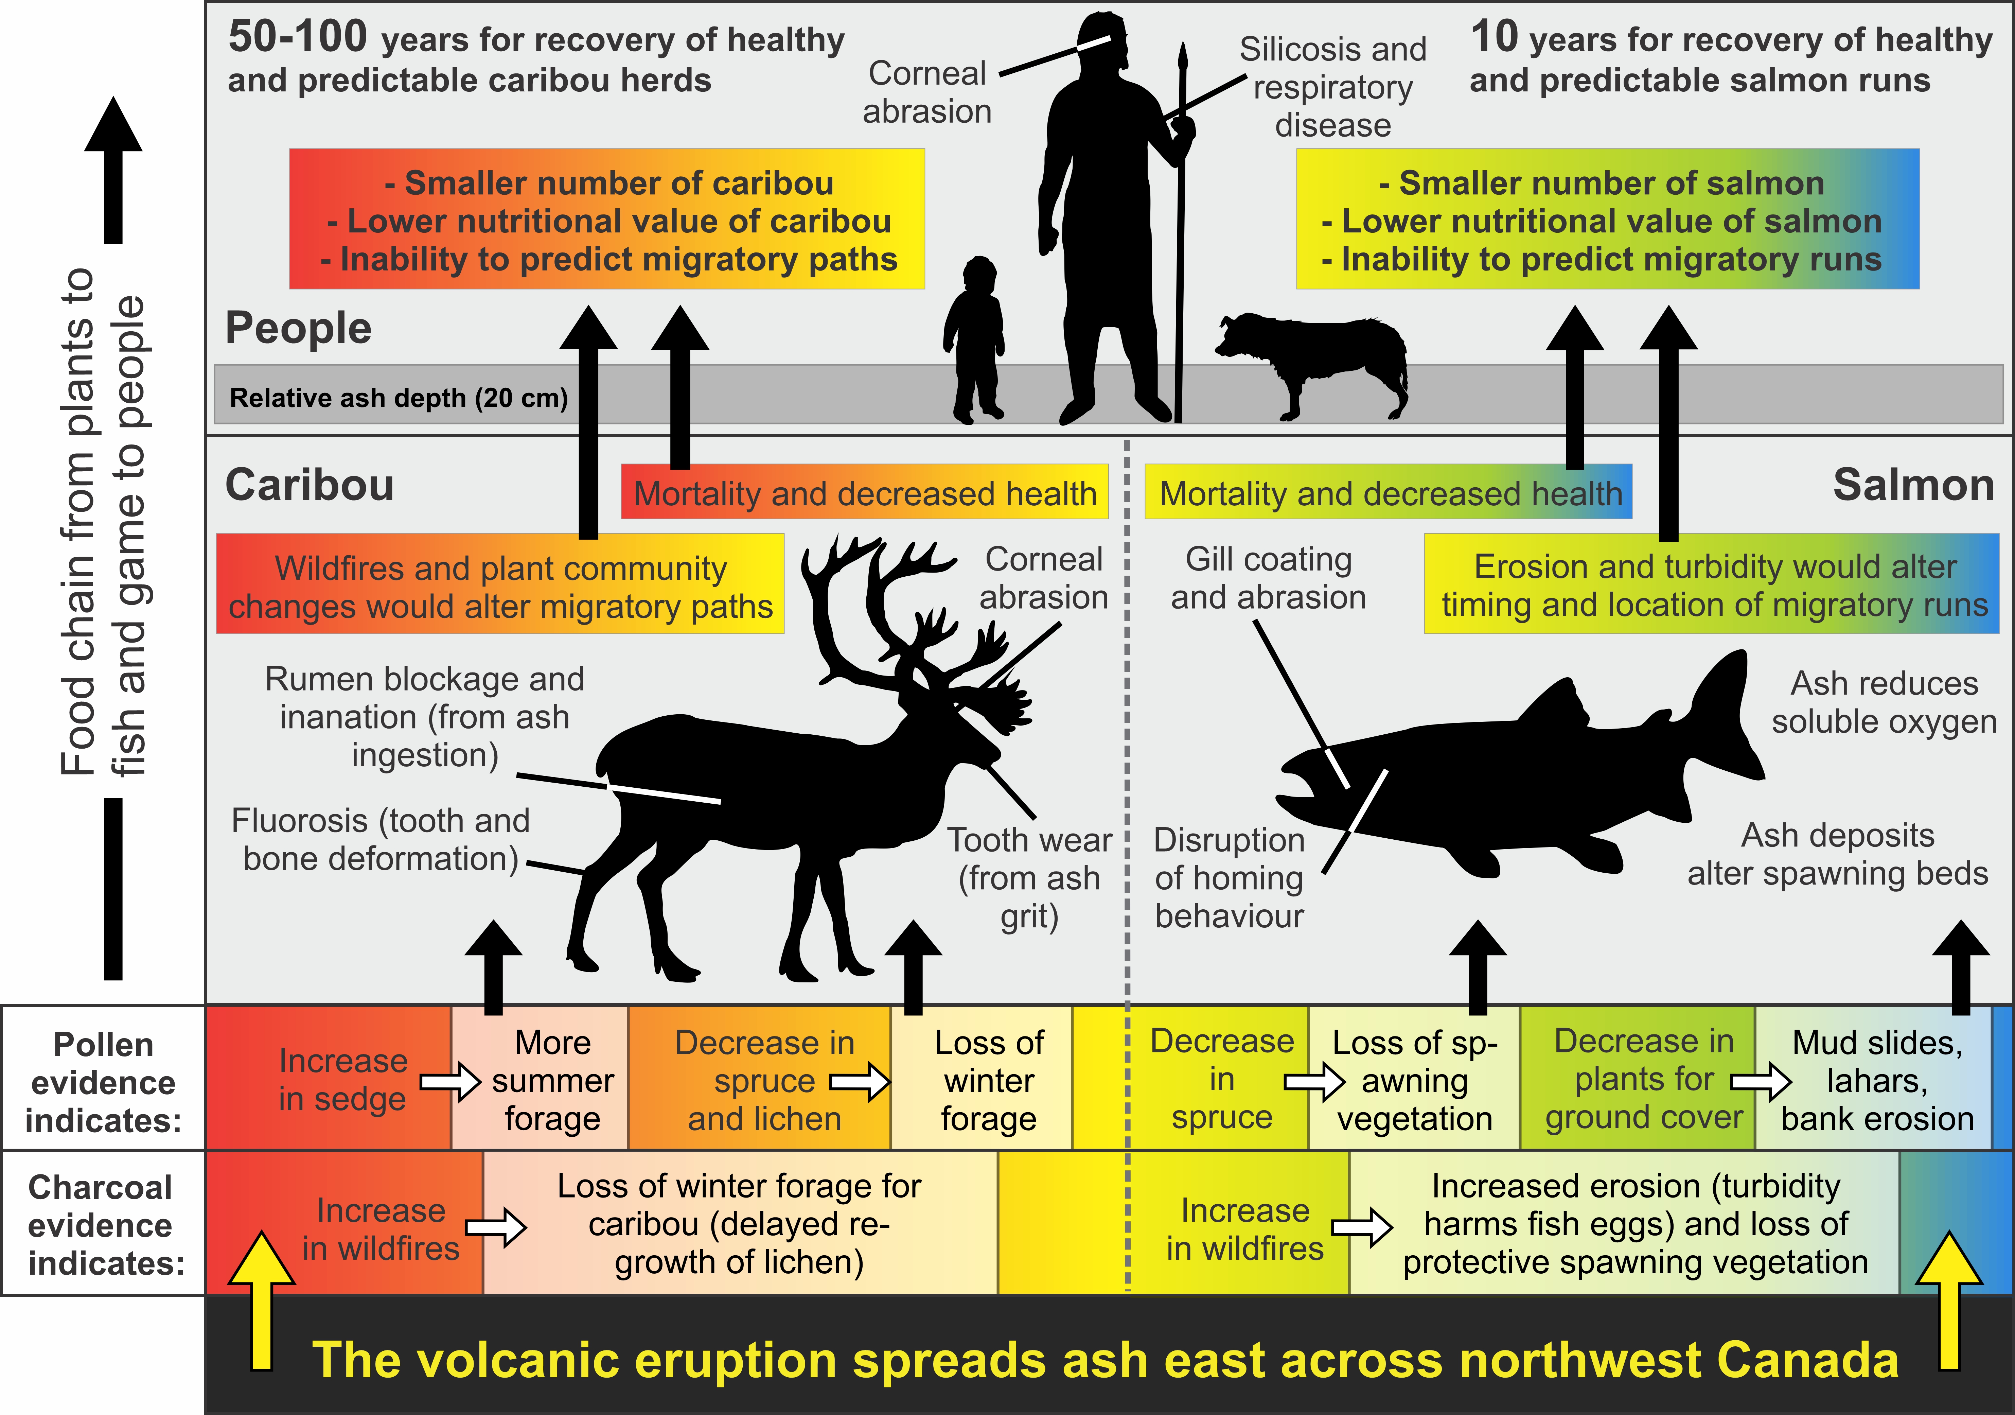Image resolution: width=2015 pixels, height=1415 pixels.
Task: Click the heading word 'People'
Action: pos(298,328)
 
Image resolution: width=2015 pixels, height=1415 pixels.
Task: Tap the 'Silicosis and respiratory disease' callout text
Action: pos(1332,87)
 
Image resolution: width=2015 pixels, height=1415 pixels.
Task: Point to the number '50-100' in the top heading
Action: pos(298,37)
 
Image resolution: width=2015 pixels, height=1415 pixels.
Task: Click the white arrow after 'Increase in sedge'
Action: pos(451,1081)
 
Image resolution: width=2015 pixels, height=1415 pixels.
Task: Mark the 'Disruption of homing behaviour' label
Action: pos(1229,878)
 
